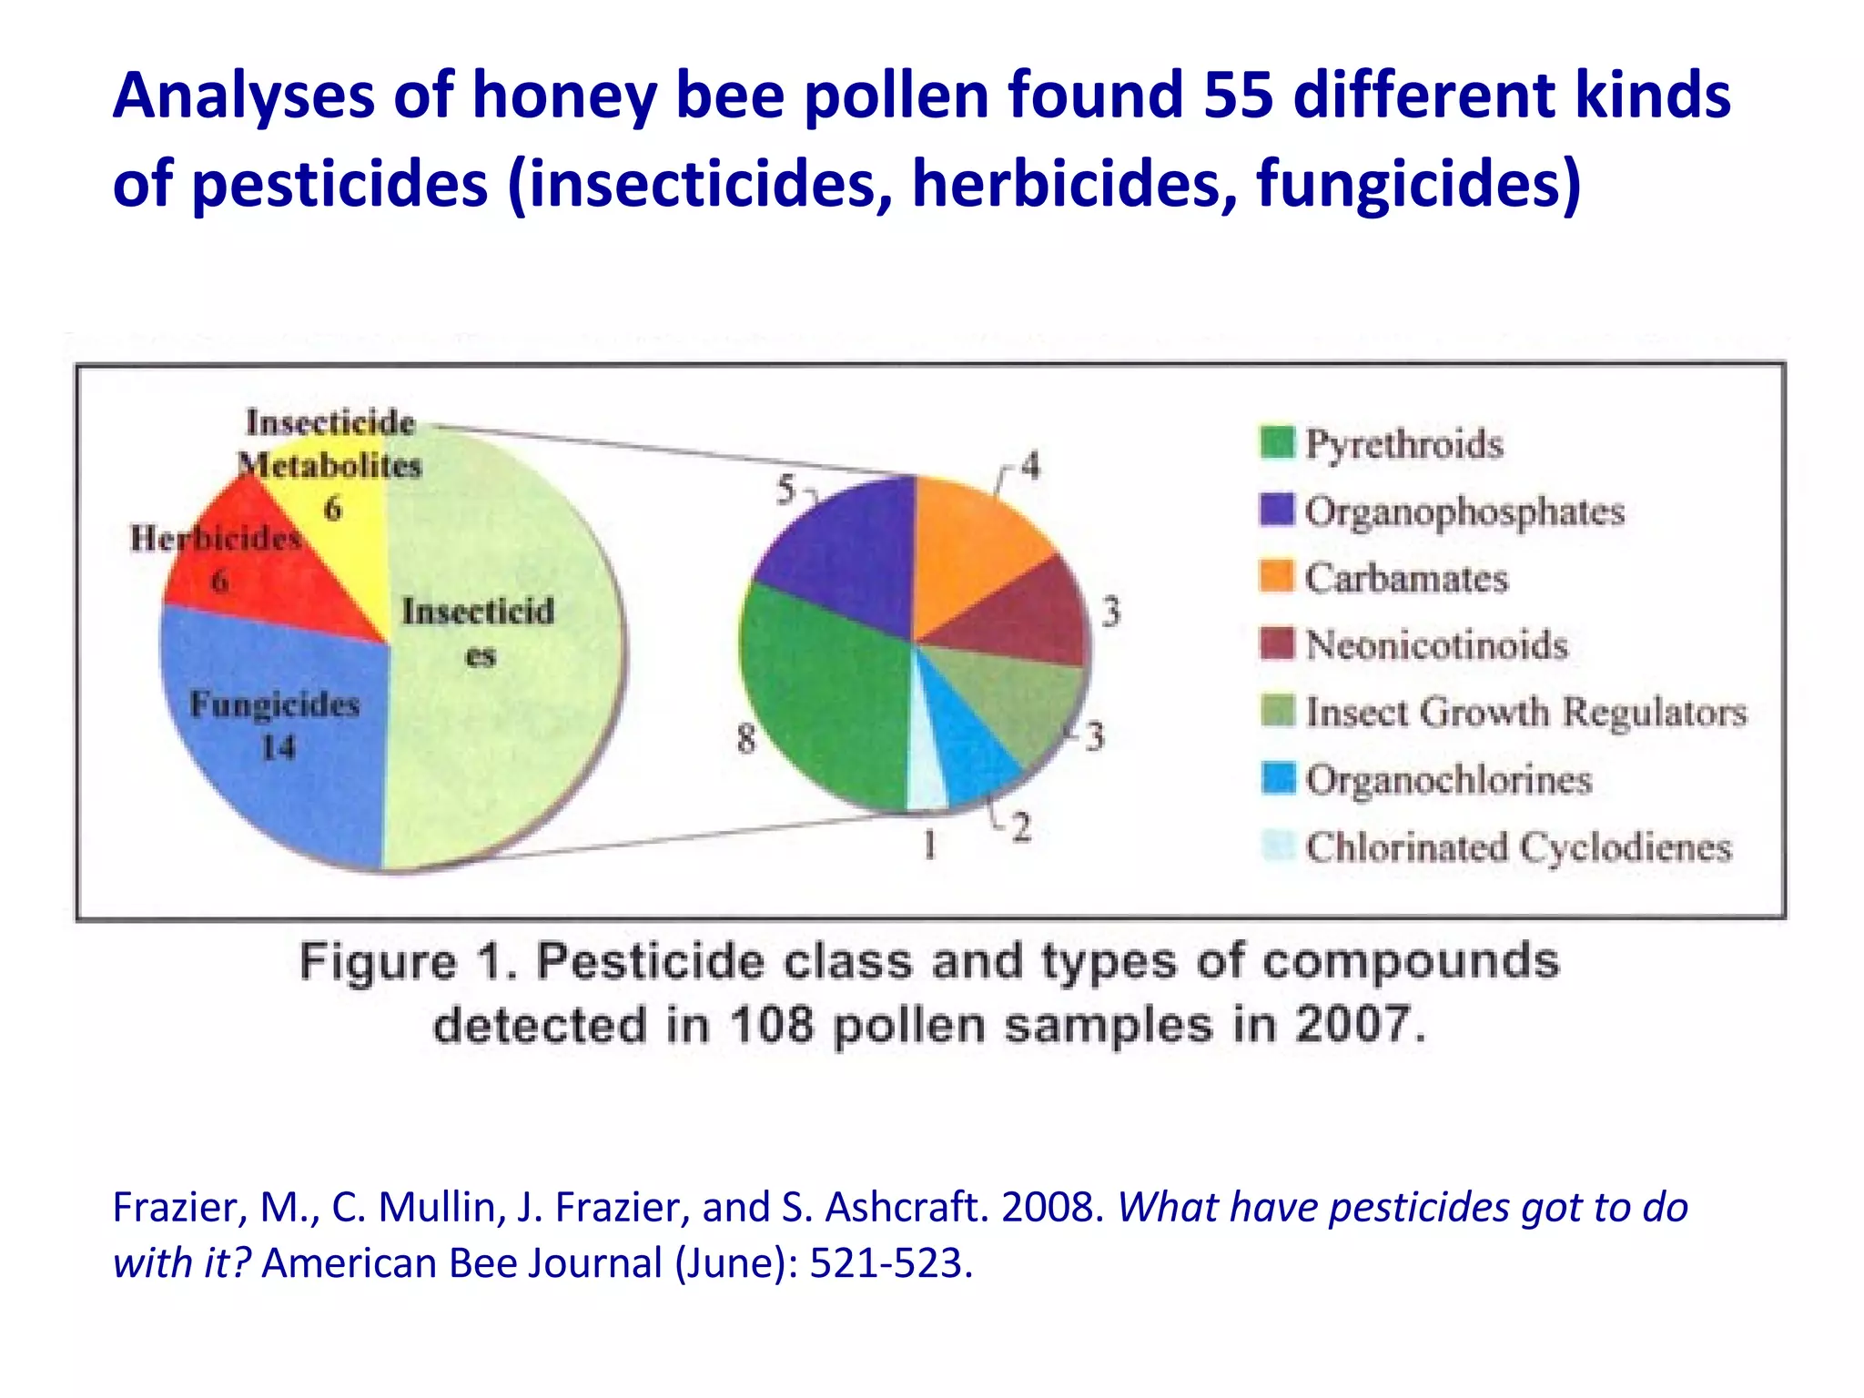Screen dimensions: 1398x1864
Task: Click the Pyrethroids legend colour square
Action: tap(1277, 443)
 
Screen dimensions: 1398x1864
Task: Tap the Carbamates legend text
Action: tap(1406, 578)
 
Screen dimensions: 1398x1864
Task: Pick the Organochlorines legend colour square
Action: tap(1278, 778)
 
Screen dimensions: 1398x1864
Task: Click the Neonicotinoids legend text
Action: tap(1436, 645)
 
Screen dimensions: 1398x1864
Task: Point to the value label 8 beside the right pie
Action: tap(746, 737)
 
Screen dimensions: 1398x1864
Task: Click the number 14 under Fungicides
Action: tap(279, 748)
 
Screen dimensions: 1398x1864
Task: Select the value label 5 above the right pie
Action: tap(785, 491)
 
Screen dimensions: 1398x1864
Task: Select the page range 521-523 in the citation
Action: tap(886, 1263)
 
